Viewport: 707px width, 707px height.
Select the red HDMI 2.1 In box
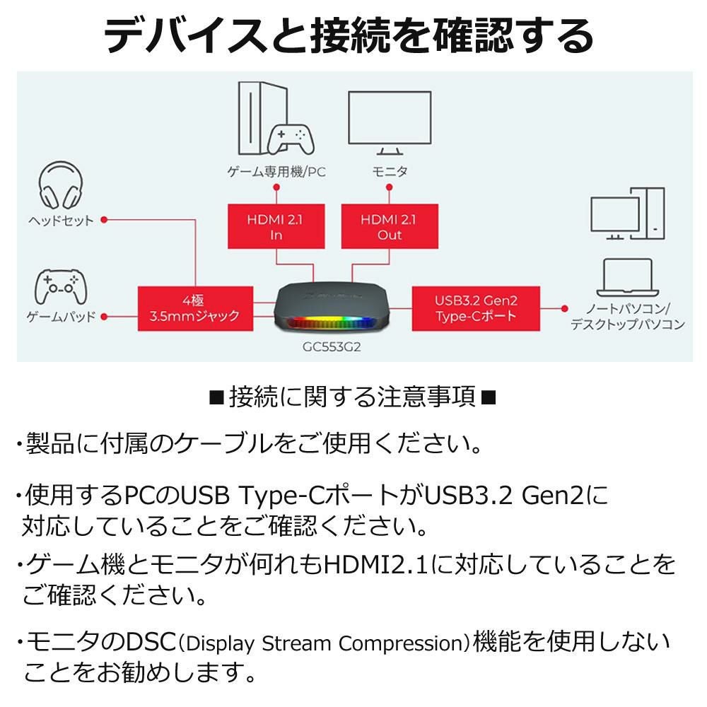(276, 226)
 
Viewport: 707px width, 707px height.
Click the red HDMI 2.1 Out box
(390, 226)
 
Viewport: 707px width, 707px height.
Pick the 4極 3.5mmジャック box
(194, 308)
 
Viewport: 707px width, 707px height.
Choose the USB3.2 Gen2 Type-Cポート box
(475, 308)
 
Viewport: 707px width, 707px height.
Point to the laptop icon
(626, 278)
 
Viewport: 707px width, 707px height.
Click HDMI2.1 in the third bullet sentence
(375, 564)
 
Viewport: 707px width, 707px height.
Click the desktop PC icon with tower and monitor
(627, 214)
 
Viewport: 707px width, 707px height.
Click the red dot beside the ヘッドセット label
(104, 220)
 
